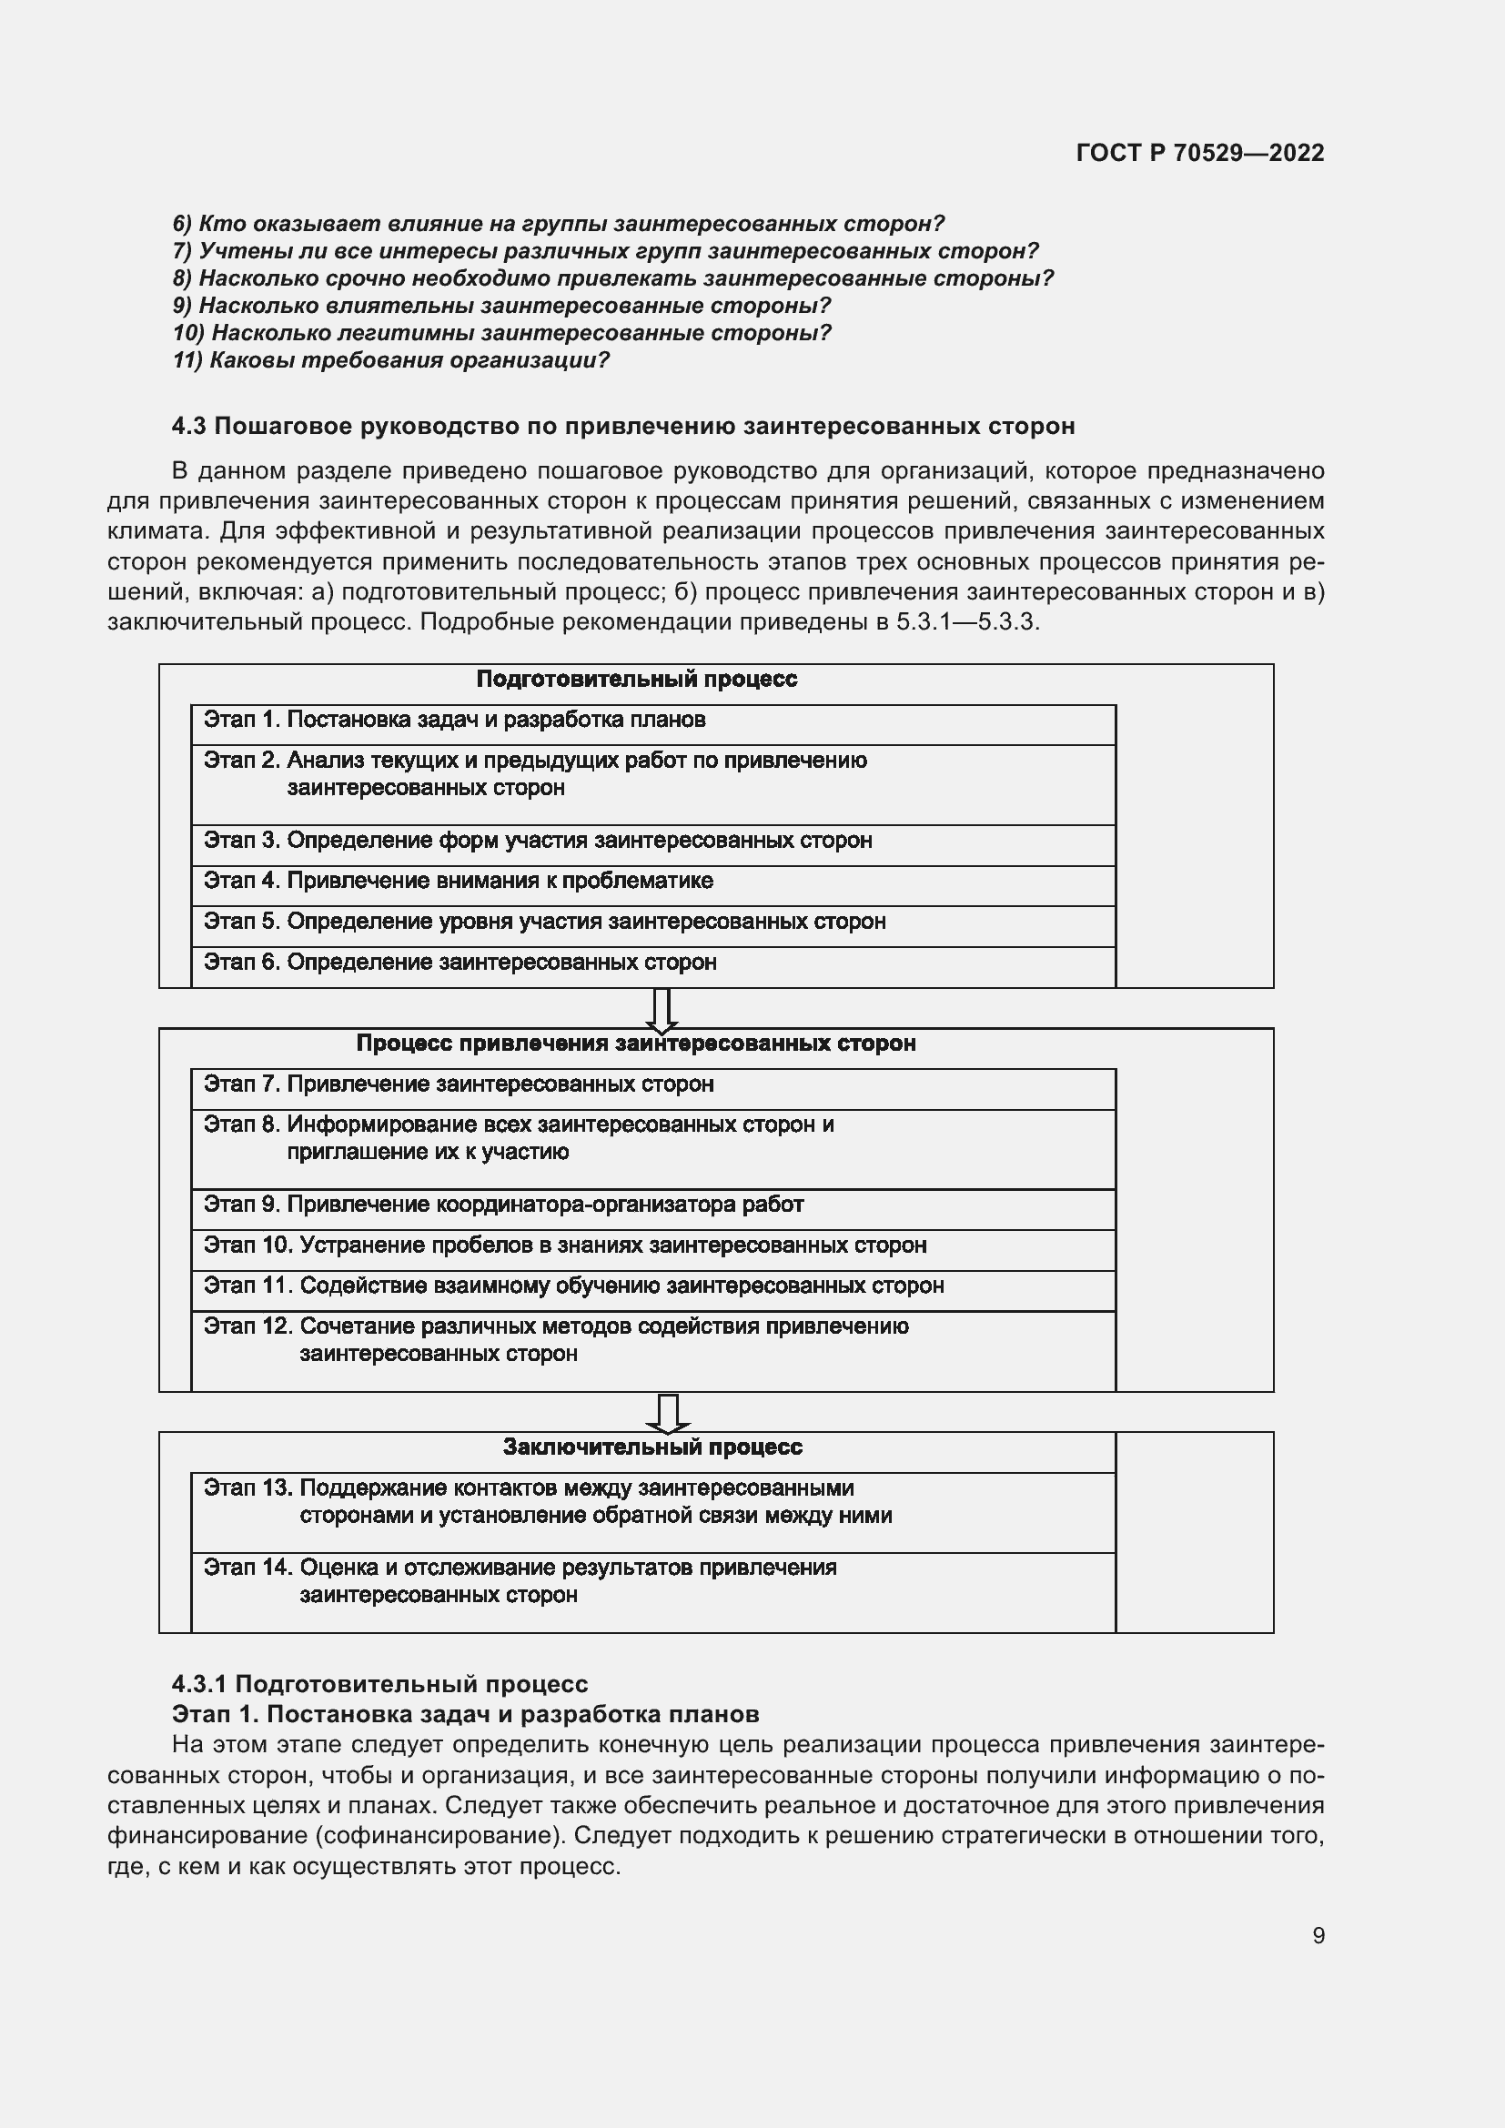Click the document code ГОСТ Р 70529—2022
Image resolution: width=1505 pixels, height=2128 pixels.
click(1200, 153)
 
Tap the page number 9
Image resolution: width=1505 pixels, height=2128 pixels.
click(1318, 1935)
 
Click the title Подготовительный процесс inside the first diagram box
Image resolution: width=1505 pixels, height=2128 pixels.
click(637, 680)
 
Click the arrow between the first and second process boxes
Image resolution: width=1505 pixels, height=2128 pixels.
click(661, 1009)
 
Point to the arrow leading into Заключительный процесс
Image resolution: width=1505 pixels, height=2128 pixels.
click(667, 1413)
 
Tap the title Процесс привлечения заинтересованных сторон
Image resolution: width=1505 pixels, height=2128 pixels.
click(636, 1044)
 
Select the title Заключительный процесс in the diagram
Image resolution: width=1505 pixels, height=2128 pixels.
click(652, 1447)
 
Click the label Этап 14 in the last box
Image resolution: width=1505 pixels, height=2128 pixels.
click(247, 1568)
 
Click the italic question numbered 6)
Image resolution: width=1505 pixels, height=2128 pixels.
click(558, 225)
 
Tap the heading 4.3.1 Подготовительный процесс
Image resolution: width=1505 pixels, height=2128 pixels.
click(380, 1684)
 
